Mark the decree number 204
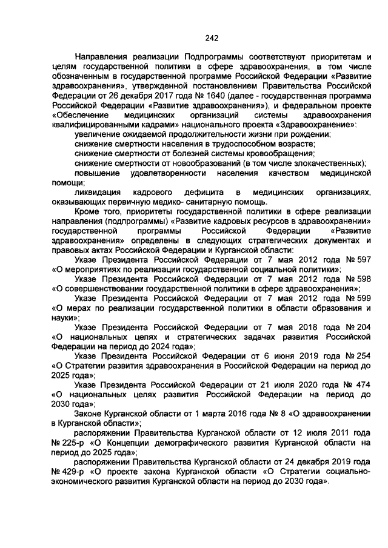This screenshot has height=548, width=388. coord(361,327)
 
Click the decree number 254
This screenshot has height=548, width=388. coord(362,356)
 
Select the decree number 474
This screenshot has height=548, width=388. coord(361,385)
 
